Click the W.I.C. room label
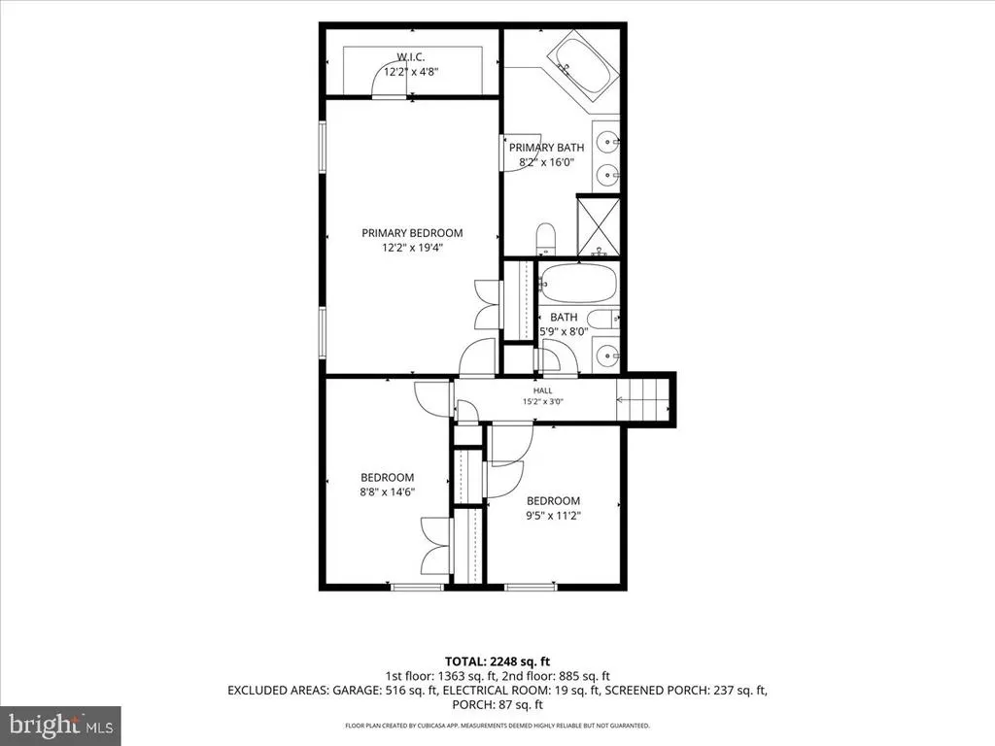(411, 57)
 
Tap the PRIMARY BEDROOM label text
(412, 233)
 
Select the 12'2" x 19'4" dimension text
(412, 248)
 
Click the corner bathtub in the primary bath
(583, 70)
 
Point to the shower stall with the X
(599, 226)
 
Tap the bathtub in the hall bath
(577, 283)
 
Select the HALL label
(542, 390)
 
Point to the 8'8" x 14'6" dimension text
(387, 492)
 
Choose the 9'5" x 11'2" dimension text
(553, 516)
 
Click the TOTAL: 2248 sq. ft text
(497, 662)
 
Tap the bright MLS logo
(60, 725)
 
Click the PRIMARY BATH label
(546, 148)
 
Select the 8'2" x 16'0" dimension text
(546, 162)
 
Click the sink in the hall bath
(607, 355)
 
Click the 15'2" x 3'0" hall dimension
(542, 401)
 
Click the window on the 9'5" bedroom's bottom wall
(531, 587)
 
